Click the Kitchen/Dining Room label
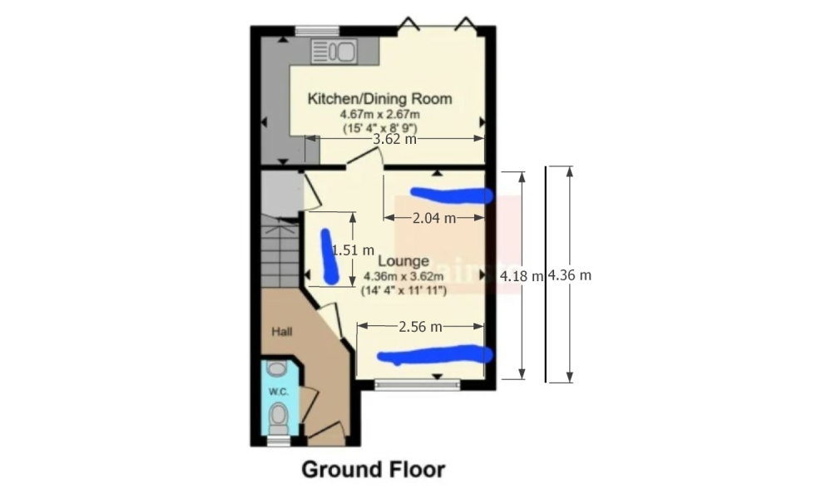(380, 99)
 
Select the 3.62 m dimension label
(394, 140)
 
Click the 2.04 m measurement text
(434, 219)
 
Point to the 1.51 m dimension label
(353, 249)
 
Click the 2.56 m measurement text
(419, 327)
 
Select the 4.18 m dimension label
(521, 275)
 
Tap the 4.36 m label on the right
(569, 275)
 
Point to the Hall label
(283, 331)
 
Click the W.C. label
(277, 391)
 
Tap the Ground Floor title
(373, 469)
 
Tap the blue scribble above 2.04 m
(453, 195)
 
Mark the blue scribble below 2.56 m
(434, 355)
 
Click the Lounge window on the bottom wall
(417, 383)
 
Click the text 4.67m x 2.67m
(379, 115)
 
